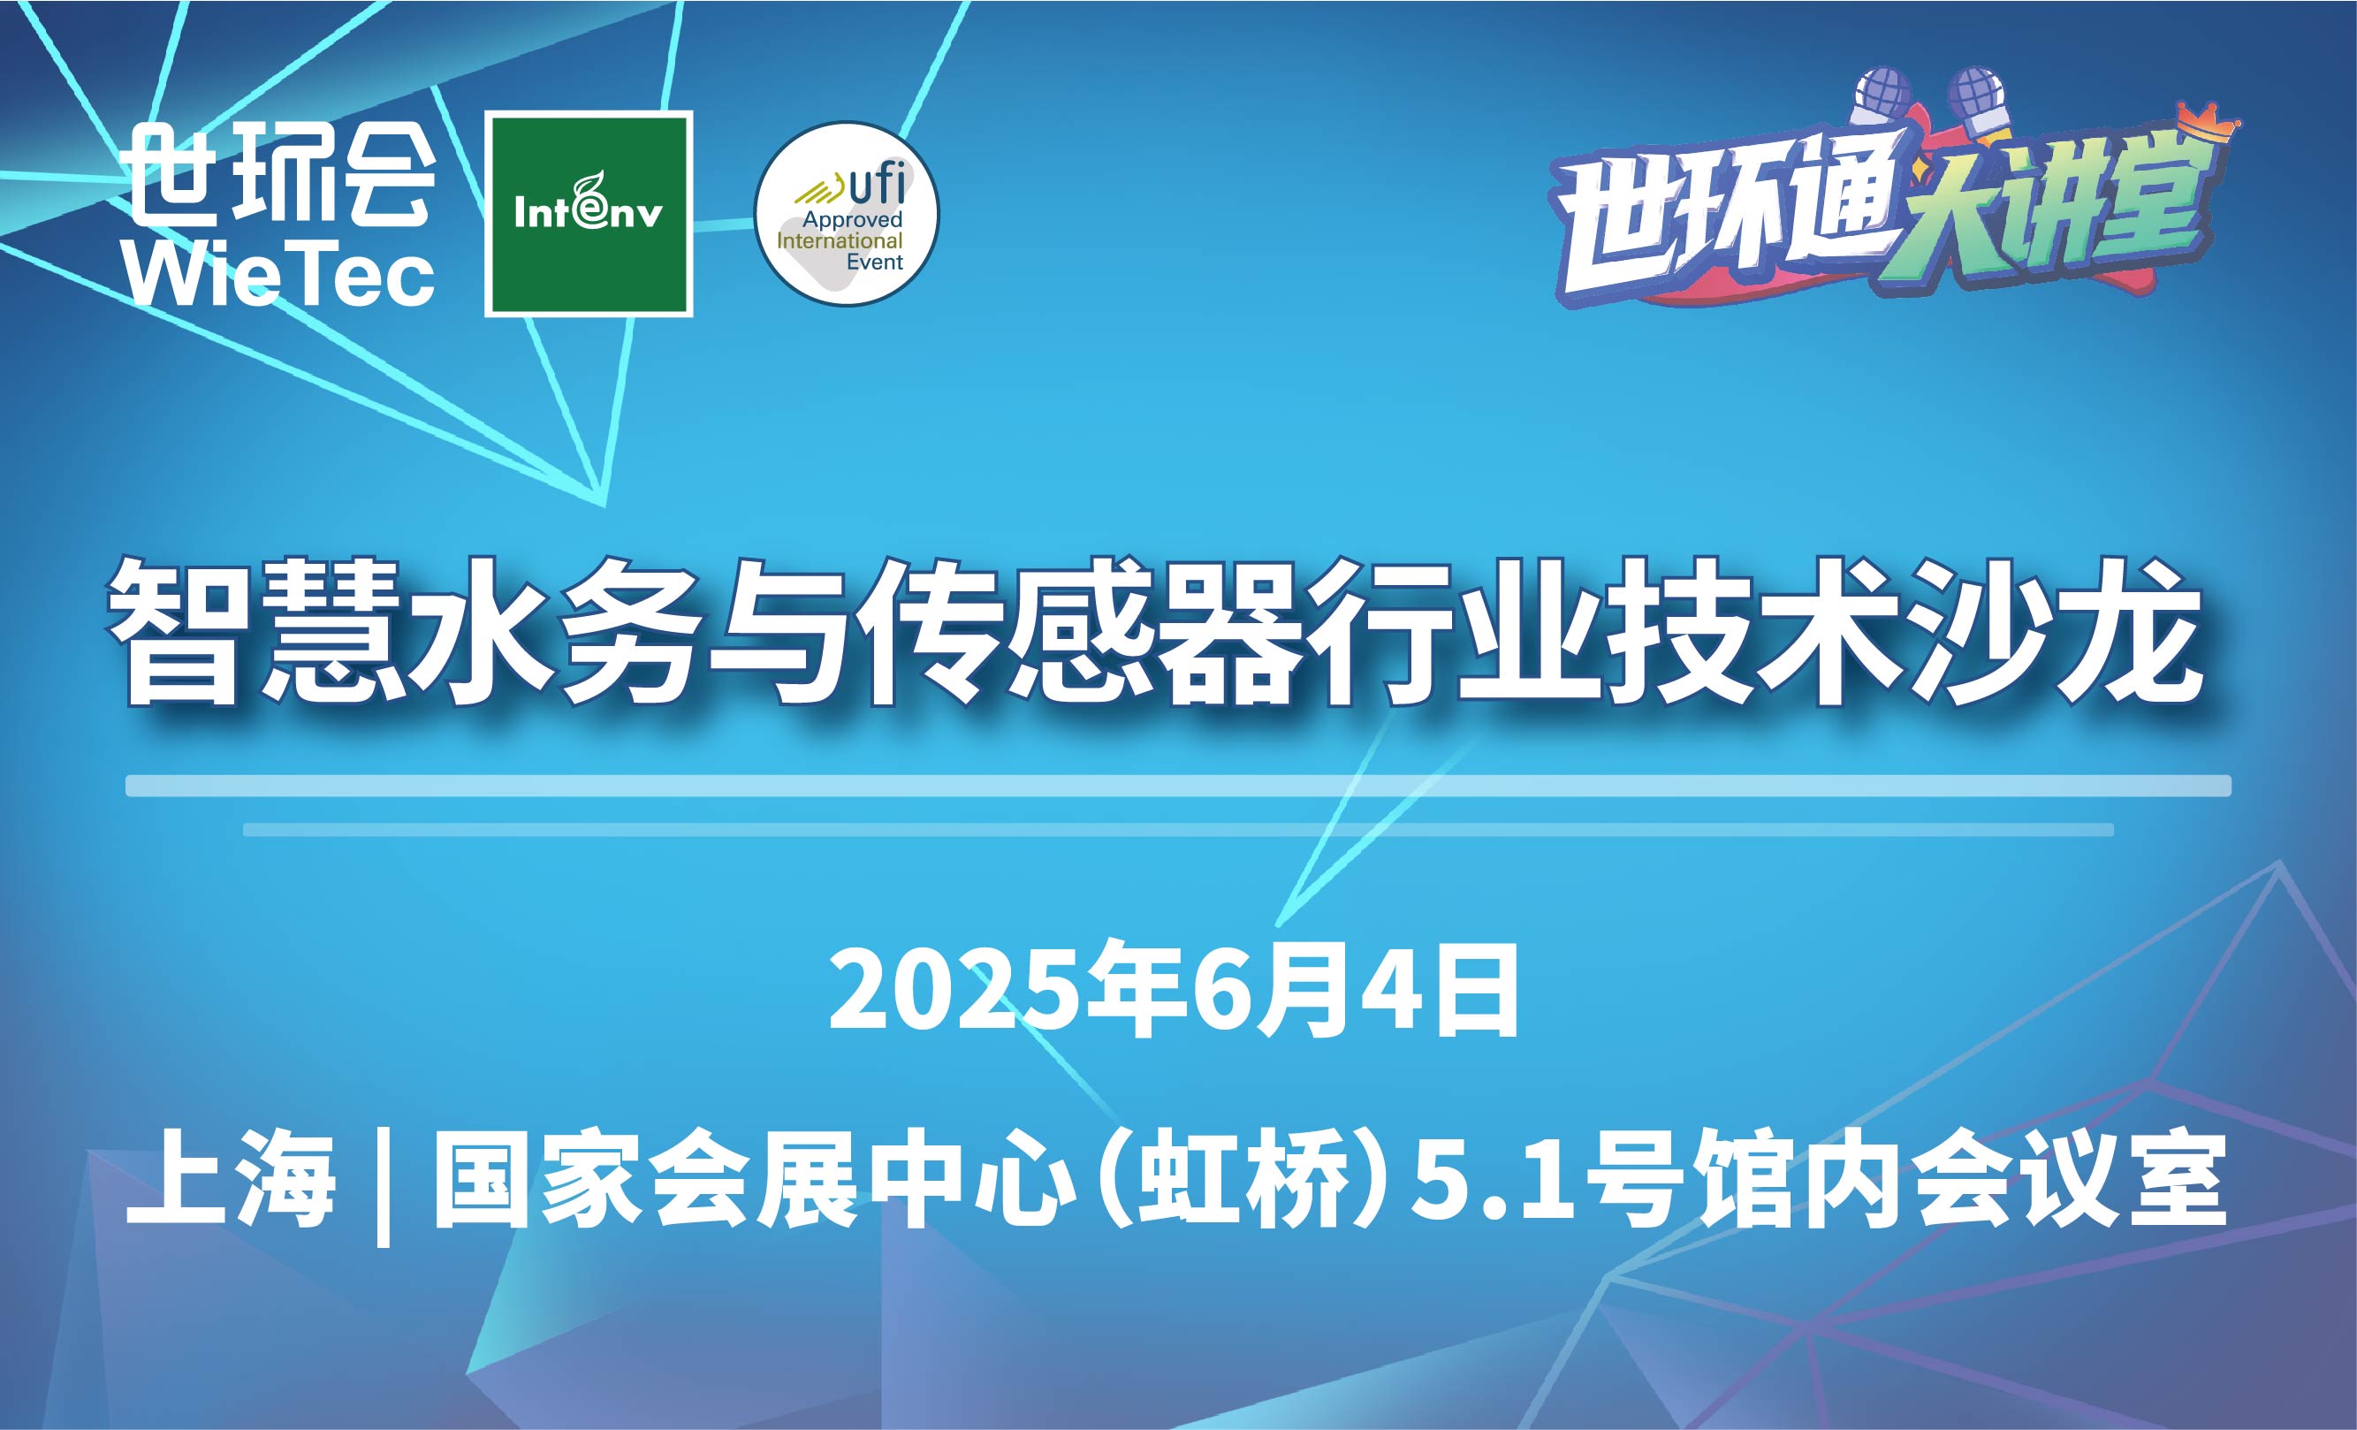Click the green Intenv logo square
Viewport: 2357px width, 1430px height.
pos(589,214)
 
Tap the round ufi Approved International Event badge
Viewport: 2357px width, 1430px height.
pos(847,214)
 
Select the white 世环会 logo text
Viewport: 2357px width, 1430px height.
pos(281,175)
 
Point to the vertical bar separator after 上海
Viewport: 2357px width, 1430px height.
pos(384,1186)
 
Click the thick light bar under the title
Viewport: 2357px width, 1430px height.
pos(1179,786)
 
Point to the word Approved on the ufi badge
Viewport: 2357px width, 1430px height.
pos(851,219)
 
